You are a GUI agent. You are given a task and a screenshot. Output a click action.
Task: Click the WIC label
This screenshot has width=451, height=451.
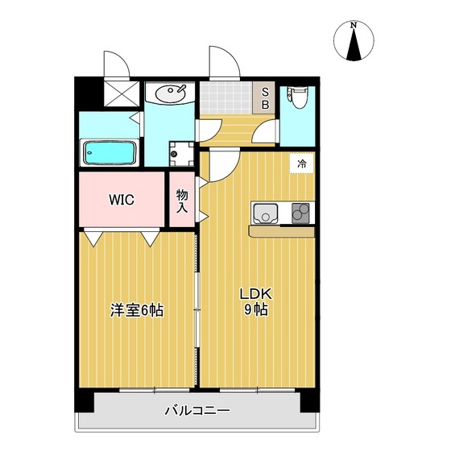tap(122, 200)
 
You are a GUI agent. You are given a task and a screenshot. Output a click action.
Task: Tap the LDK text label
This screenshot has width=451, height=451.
tap(256, 294)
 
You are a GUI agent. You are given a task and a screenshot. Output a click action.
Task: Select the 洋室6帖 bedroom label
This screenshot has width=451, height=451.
tap(137, 310)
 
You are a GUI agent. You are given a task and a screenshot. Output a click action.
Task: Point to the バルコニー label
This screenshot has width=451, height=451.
tap(197, 411)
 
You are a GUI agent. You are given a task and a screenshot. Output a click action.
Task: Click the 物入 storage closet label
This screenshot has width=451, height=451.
tap(182, 201)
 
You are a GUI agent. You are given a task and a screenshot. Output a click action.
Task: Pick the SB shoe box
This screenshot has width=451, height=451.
tap(265, 98)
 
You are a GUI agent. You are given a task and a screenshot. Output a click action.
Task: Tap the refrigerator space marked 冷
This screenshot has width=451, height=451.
tap(302, 164)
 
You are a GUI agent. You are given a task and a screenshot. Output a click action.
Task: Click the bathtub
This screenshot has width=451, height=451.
tap(110, 153)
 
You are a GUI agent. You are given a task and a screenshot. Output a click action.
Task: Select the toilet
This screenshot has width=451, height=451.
tap(298, 97)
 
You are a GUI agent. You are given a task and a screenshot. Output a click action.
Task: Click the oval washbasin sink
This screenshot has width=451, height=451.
tap(170, 93)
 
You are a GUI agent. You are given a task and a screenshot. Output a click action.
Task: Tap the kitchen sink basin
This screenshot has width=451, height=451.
tap(266, 213)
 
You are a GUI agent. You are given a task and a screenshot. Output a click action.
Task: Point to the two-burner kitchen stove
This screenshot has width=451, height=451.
tap(300, 213)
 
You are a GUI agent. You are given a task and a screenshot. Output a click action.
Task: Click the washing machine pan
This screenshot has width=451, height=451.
tap(182, 154)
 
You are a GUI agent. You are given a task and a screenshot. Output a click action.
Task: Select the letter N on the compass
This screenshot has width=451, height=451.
tap(354, 25)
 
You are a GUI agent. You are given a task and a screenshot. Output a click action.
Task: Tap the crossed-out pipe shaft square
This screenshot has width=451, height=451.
tap(122, 93)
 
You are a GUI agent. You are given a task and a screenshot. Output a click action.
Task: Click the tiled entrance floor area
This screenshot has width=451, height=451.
tap(226, 97)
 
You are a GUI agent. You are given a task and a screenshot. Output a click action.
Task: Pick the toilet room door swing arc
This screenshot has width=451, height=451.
tap(259, 128)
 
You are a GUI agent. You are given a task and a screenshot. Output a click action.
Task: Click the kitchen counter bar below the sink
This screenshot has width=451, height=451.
tap(282, 232)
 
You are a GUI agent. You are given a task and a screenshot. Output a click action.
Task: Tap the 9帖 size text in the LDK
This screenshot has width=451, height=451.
tap(256, 310)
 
